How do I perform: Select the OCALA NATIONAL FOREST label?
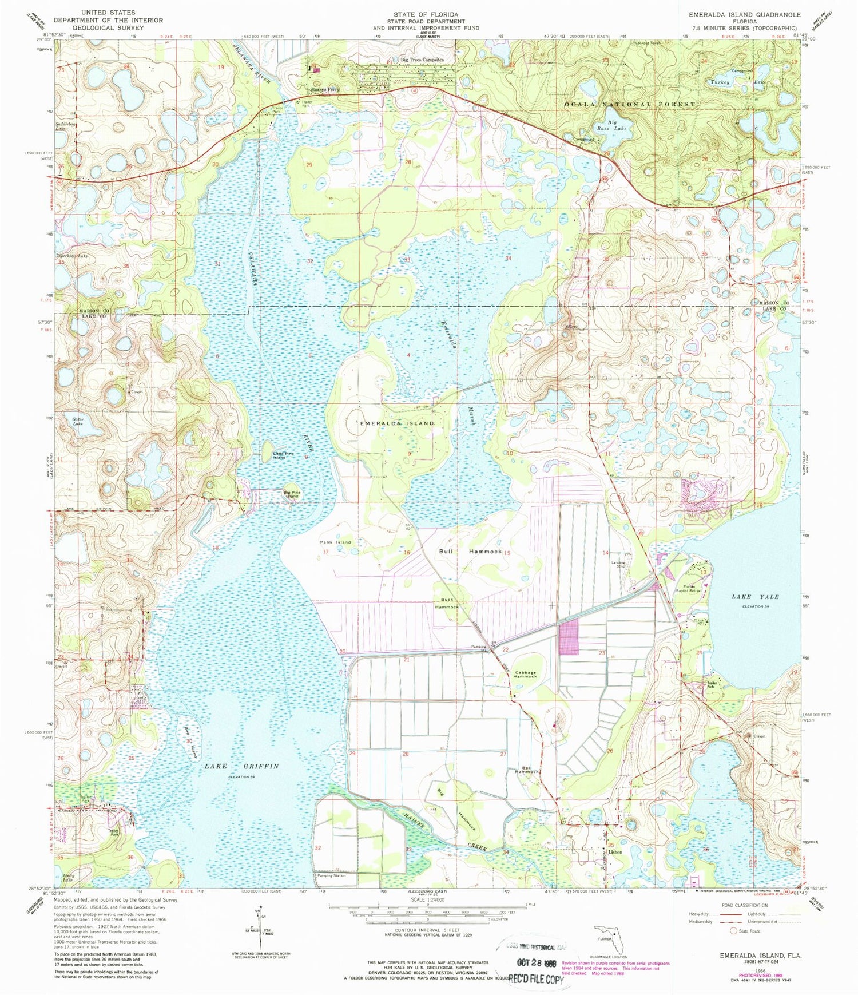(x=630, y=104)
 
